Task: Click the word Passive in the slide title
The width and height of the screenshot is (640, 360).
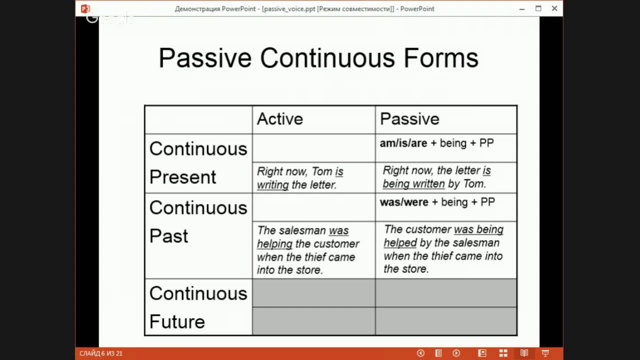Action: click(x=204, y=58)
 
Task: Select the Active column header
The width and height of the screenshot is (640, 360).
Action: click(x=280, y=119)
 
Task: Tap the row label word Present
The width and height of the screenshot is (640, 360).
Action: click(x=182, y=177)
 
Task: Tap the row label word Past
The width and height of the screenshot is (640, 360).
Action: click(x=168, y=236)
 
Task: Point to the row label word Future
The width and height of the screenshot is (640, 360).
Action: click(x=177, y=321)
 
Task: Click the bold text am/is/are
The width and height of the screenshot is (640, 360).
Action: click(x=403, y=143)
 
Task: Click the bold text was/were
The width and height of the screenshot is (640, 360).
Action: click(x=404, y=202)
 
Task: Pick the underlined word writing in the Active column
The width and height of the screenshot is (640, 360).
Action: click(x=273, y=185)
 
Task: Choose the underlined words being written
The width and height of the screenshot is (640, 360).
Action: click(x=413, y=184)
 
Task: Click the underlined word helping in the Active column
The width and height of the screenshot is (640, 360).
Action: click(x=274, y=244)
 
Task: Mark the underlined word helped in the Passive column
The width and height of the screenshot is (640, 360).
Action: click(x=400, y=243)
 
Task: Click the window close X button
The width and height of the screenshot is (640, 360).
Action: click(x=554, y=8)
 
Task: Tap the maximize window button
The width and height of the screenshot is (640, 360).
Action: click(x=538, y=8)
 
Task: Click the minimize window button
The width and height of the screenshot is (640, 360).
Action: click(x=522, y=8)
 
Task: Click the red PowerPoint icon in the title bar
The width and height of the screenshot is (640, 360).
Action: click(x=85, y=8)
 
